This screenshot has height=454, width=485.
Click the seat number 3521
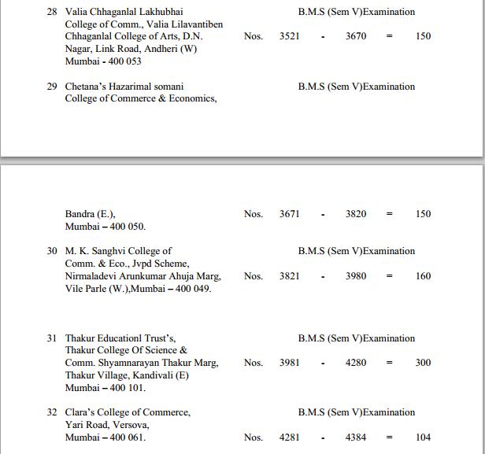click(289, 36)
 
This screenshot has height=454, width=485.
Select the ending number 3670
click(356, 36)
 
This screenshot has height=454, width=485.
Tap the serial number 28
click(52, 12)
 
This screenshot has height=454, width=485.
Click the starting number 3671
click(289, 214)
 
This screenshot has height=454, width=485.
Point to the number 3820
click(356, 214)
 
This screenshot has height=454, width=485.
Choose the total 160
click(424, 276)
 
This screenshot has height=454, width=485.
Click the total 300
click(424, 363)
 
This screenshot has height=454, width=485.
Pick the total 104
click(424, 437)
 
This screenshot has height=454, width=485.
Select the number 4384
click(356, 437)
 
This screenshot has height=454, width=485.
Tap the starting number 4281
click(289, 437)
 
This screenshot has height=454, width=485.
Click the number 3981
click(289, 363)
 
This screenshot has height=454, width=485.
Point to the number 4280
click(356, 363)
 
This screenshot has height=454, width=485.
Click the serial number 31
click(52, 338)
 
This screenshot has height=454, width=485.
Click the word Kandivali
click(168, 375)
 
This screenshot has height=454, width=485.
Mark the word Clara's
click(81, 412)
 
